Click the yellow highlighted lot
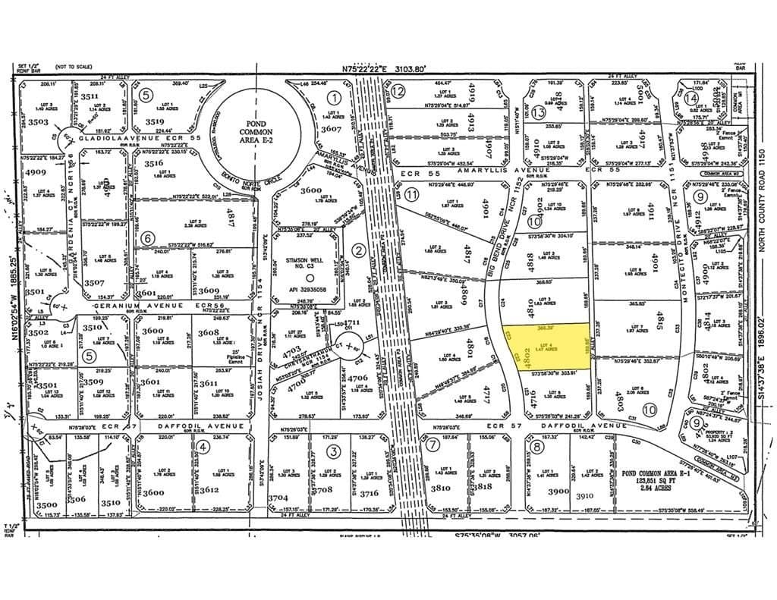(544, 348)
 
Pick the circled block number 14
(691, 98)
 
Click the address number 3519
(156, 121)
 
